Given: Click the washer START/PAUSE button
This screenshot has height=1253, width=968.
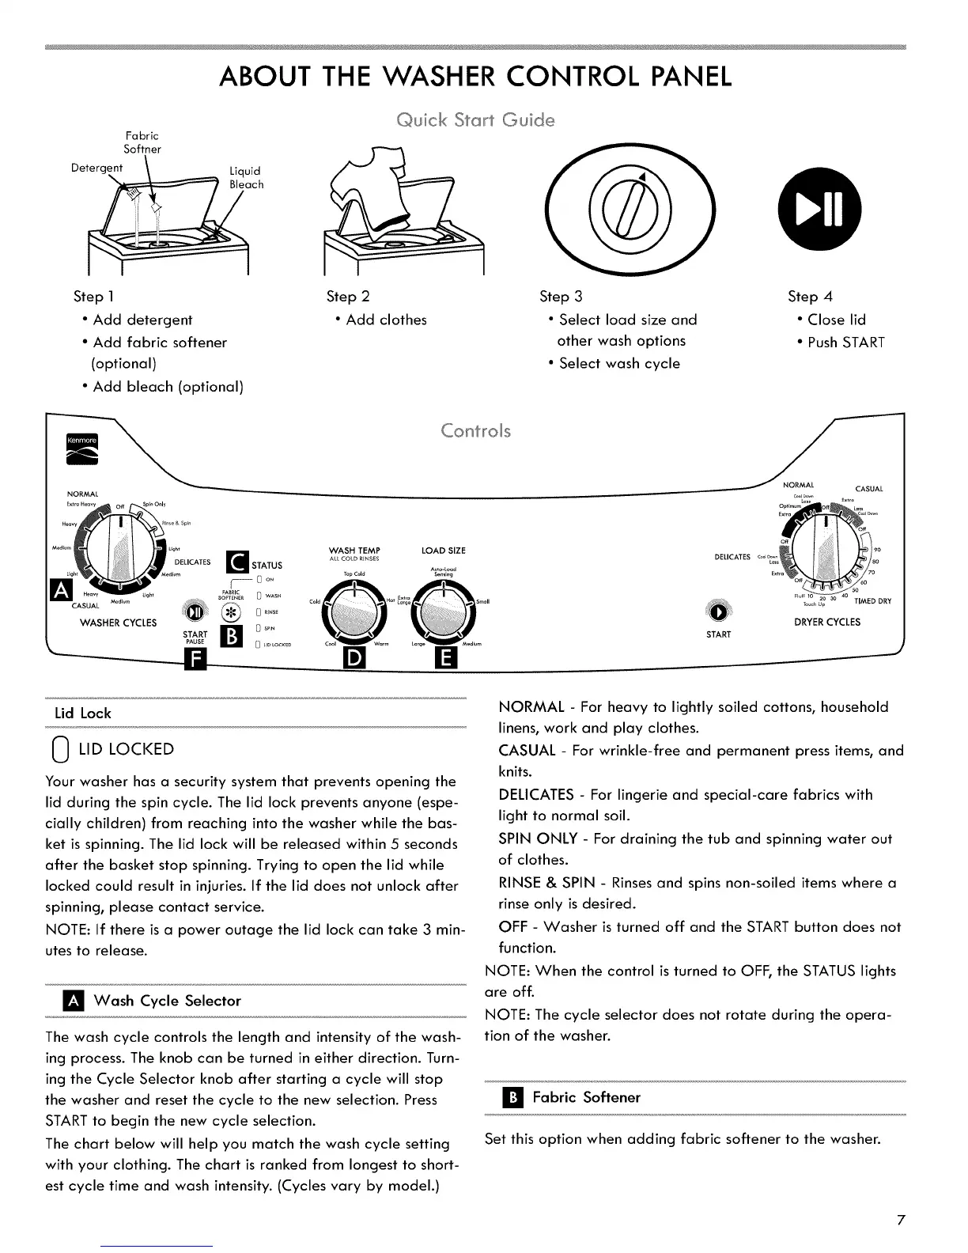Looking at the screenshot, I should [x=195, y=612].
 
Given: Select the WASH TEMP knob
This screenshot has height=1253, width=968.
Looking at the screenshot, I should [x=357, y=611].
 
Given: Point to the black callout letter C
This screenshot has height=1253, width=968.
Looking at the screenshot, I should [x=236, y=562].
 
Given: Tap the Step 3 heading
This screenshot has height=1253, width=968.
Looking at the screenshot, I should [x=560, y=297].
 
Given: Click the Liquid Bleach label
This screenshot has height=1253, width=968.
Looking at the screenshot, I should [x=246, y=178].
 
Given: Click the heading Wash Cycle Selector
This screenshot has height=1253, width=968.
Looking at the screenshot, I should [x=167, y=1001].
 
